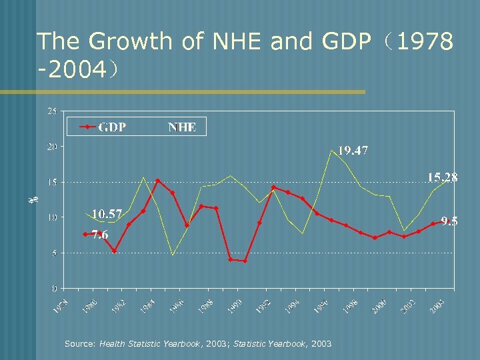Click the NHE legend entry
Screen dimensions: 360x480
(x=181, y=127)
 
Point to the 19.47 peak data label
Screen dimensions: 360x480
(x=353, y=151)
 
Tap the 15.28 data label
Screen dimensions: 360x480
(x=442, y=177)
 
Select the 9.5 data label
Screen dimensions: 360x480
(x=448, y=221)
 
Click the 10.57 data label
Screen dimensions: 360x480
(x=107, y=214)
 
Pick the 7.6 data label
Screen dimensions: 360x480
(x=99, y=235)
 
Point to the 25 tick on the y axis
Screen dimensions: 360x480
(x=51, y=111)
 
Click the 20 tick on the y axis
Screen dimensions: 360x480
(x=51, y=147)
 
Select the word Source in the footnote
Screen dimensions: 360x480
(x=80, y=344)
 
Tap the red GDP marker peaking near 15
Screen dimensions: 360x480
(x=158, y=181)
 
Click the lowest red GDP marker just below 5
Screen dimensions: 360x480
(x=245, y=261)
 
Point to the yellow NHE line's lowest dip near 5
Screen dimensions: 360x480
(x=173, y=255)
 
